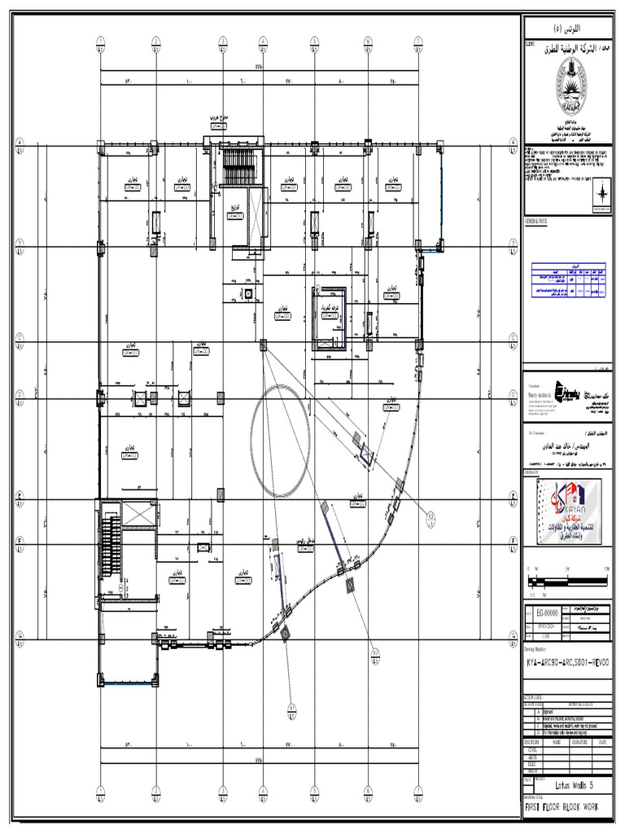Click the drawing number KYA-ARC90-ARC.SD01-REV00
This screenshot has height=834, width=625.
coord(566,665)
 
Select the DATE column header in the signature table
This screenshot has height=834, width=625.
coord(601,741)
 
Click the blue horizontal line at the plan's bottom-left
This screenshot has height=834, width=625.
coord(127,685)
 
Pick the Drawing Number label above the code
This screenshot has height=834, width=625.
coord(540,651)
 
